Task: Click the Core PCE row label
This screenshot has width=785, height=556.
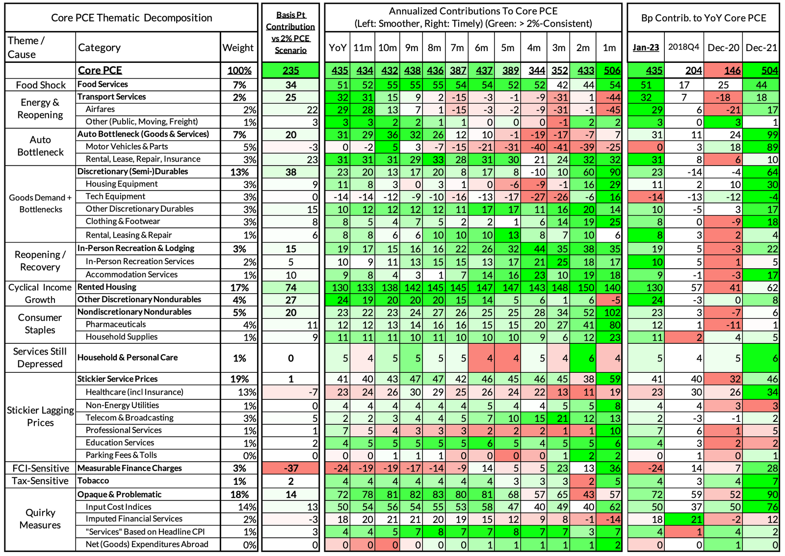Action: pos(100,70)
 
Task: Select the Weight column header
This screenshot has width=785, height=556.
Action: pos(238,48)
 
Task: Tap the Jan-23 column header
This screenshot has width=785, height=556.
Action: pos(646,47)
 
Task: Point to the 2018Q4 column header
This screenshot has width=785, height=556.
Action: pos(683,47)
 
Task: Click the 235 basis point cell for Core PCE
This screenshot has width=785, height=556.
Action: pos(290,70)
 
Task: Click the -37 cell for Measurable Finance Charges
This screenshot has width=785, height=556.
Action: pos(290,468)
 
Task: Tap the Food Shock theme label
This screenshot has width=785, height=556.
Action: pos(41,85)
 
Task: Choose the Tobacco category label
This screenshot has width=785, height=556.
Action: pos(93,480)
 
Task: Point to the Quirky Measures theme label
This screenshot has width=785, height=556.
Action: pos(40,519)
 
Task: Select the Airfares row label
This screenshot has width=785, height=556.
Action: pos(100,109)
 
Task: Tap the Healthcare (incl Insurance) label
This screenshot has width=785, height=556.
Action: pos(134,392)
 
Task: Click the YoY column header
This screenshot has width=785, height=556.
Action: pos(338,48)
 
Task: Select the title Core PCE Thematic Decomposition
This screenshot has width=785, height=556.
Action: pos(131,18)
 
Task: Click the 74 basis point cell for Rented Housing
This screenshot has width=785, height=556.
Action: pos(290,287)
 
